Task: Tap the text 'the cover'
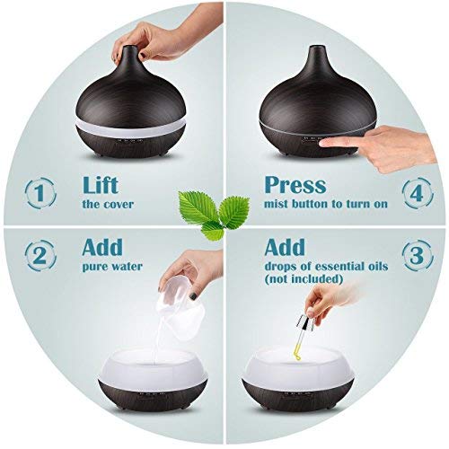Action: [x=108, y=204]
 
